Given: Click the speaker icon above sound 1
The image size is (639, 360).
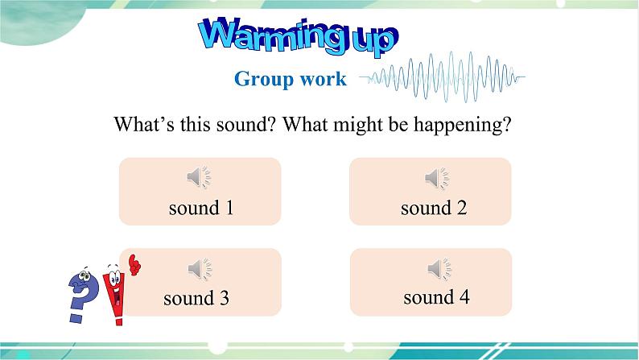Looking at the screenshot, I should [199, 177].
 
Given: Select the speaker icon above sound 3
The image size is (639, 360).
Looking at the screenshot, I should [199, 268].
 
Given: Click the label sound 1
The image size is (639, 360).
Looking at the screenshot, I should [201, 208].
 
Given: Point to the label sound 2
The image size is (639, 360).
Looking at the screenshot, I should [434, 208].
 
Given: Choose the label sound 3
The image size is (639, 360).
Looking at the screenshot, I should [196, 299].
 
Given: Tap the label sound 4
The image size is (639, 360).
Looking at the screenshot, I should [436, 297].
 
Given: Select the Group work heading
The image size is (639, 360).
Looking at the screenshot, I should [291, 78].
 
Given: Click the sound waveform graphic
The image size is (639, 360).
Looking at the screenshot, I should [442, 77].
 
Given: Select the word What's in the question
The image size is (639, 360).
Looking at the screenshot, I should [142, 126].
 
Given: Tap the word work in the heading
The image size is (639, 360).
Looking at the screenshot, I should [326, 78].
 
